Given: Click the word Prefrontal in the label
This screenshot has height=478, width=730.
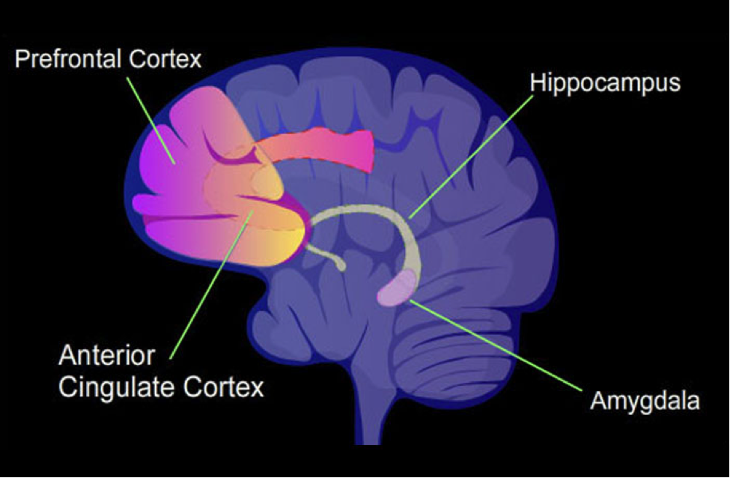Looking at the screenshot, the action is tap(69, 59).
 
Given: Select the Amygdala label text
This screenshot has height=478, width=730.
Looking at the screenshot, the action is tap(645, 402).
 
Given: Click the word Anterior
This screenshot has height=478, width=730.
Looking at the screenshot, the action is tap(106, 356).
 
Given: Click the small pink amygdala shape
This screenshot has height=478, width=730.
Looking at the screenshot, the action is tap(396, 289).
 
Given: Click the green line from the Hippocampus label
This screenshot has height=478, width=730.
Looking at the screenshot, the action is tap(471, 157).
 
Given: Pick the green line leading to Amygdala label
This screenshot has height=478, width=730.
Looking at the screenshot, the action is tap(496, 345).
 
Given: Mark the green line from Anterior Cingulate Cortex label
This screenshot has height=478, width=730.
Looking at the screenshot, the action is tap(212, 285).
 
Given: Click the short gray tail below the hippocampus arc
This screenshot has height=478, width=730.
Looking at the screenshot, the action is tap(326, 256).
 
